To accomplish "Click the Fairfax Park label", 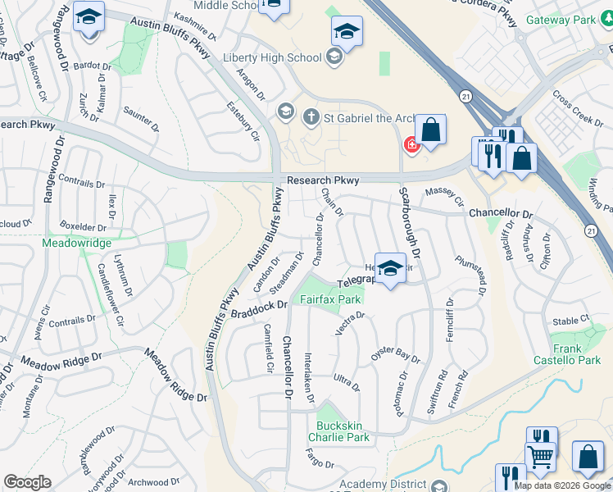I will [330, 300].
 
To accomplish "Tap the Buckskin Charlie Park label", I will [338, 431].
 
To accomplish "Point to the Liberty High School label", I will [272, 58].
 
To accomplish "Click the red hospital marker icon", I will [411, 146].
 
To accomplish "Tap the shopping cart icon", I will [540, 457].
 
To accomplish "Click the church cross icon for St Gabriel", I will [311, 116].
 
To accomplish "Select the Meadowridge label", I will [75, 243].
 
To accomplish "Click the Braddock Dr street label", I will [257, 309].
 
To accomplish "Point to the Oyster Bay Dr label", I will [395, 354].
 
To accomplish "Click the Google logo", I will [27, 483].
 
